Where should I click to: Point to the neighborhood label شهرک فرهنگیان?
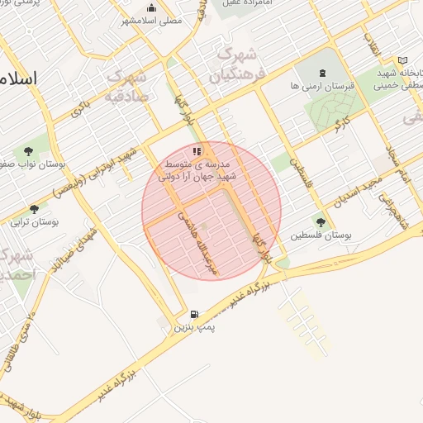pos(235,67)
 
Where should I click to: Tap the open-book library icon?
pos(402,60)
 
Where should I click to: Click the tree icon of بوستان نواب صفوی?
pos(30,152)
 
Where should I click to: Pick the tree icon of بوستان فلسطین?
pos(320,221)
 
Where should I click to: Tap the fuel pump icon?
pos(193,314)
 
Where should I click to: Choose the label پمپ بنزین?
pos(193,328)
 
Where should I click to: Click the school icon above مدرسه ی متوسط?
pos(197,151)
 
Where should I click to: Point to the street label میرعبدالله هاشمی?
pos(199,240)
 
